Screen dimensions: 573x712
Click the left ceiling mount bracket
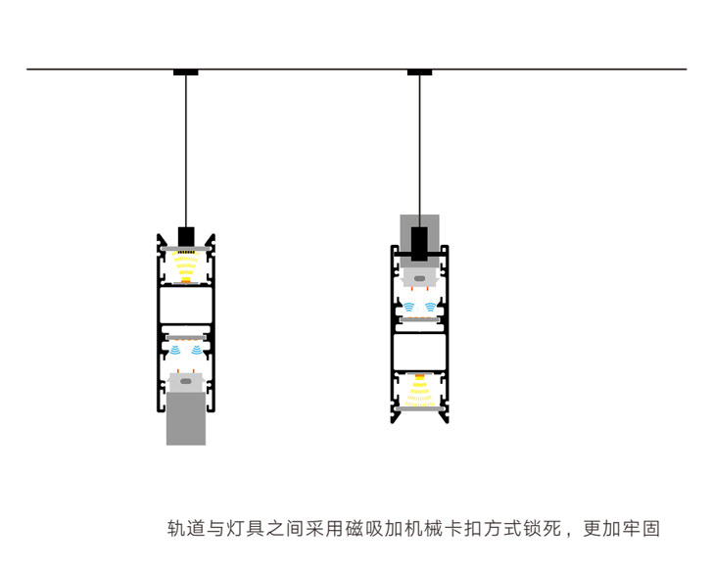click(x=185, y=72)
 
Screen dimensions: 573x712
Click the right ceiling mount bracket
click(x=419, y=72)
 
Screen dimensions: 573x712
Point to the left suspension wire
click(x=185, y=147)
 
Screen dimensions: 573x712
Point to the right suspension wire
click(x=420, y=147)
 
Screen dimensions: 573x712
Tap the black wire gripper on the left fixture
click(x=186, y=237)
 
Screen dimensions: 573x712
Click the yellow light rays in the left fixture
click(x=186, y=265)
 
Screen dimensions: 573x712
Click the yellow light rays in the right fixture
click(x=420, y=390)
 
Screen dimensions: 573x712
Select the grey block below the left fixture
click(x=186, y=419)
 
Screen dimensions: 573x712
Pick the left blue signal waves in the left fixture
click(x=175, y=349)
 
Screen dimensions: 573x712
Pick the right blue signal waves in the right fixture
click(x=431, y=307)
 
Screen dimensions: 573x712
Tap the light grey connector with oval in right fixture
click(x=420, y=279)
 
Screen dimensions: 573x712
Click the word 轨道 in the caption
click(x=186, y=529)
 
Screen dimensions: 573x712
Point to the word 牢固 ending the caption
click(x=641, y=529)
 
